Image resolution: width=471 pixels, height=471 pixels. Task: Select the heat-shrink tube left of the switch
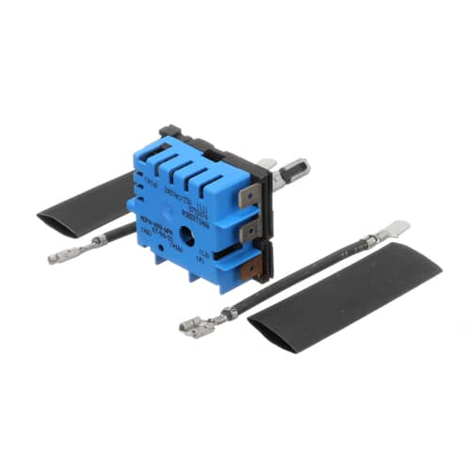click(86, 203)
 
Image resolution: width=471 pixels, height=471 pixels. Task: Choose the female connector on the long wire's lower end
click(198, 325)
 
